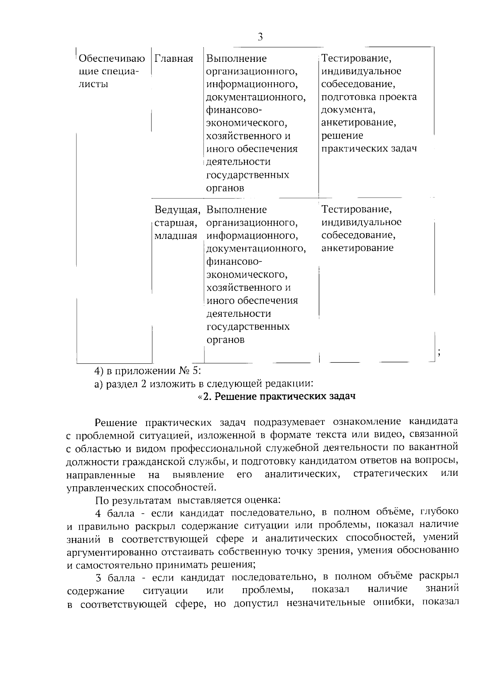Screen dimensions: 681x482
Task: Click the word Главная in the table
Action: pos(174,59)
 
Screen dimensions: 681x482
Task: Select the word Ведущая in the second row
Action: pos(177,210)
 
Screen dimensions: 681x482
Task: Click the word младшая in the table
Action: pos(176,236)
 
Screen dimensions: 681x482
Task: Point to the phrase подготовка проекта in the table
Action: pos(369,97)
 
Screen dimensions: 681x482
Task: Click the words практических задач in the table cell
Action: pos(369,149)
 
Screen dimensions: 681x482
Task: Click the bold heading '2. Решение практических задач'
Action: pos(277,397)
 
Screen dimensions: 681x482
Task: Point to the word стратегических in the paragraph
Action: pos(390,473)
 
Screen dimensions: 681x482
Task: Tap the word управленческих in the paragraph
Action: pos(105,487)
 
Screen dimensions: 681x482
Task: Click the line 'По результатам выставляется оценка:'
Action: pos(188,500)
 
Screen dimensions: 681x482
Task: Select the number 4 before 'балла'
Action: pos(98,513)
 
